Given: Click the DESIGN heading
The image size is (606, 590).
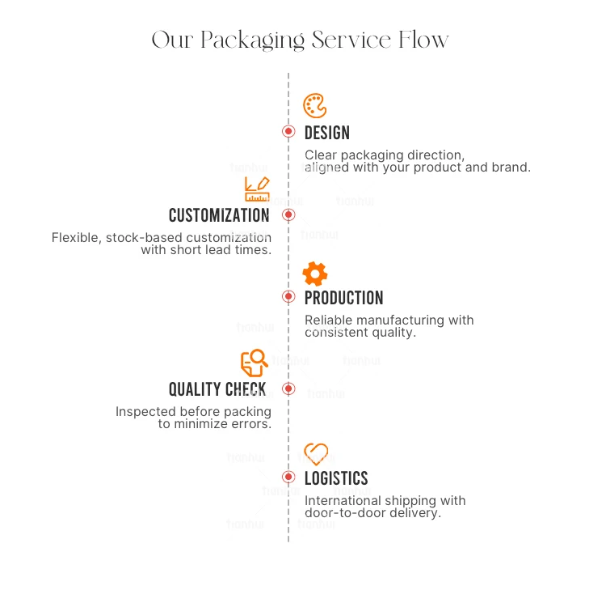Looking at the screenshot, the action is (x=327, y=133).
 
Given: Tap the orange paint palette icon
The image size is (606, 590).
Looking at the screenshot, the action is (x=314, y=105).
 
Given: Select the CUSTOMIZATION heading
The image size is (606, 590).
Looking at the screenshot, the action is (x=219, y=215).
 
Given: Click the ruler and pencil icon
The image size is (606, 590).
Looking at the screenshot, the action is (x=257, y=189).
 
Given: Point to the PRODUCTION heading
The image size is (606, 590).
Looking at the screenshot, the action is (x=343, y=298).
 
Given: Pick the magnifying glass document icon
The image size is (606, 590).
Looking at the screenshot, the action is (x=255, y=363).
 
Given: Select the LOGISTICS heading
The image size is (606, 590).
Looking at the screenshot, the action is (x=336, y=478).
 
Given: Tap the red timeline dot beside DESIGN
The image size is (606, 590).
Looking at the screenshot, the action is (x=288, y=131).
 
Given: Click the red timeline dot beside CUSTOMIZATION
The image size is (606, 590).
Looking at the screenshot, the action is (x=288, y=214).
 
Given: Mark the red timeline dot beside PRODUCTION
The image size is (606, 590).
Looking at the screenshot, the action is (x=288, y=296).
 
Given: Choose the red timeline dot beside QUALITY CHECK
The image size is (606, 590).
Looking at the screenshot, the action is (x=288, y=388).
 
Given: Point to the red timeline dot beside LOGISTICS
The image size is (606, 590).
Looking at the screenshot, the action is (x=288, y=477).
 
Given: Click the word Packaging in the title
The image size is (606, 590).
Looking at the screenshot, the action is (x=252, y=41).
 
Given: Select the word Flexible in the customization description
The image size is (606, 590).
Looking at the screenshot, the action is (x=76, y=237).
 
